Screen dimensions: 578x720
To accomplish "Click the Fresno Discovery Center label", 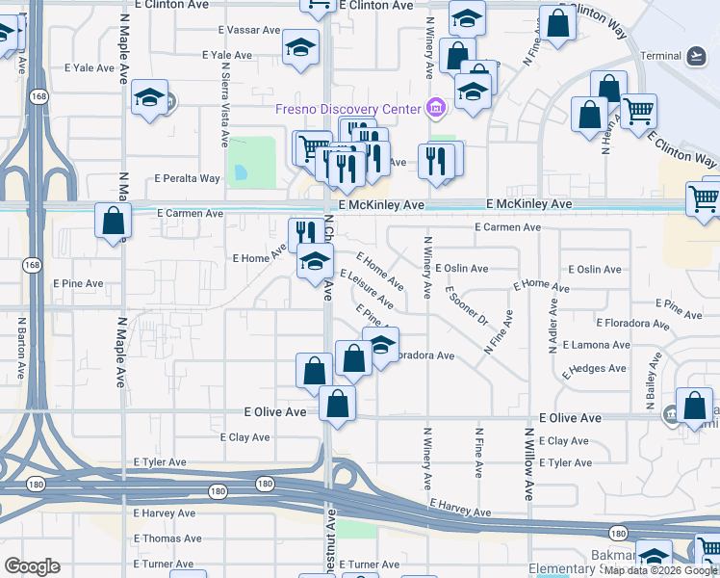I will click(349, 108).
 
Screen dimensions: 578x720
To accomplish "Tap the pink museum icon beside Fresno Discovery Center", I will click(436, 108).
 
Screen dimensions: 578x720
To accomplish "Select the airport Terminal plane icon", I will click(697, 56).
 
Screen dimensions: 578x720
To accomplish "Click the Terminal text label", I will click(661, 56).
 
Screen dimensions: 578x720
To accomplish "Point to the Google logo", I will click(32, 566).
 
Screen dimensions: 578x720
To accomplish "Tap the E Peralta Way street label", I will click(188, 178).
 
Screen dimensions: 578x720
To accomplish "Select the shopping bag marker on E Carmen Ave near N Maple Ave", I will click(114, 221).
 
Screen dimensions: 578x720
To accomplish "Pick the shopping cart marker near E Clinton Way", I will click(639, 112).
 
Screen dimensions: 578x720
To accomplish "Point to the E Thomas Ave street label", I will click(167, 539).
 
